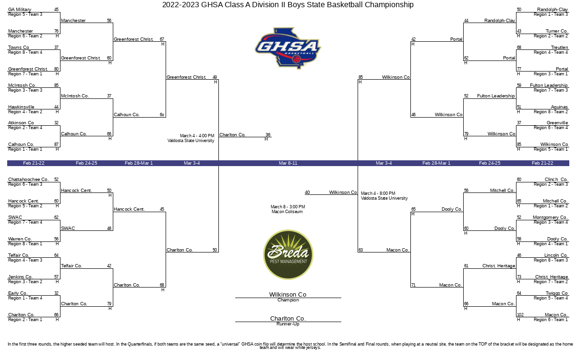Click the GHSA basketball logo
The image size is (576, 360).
pyautogui.click(x=288, y=48)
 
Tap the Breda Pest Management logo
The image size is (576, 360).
pyautogui.click(x=288, y=254)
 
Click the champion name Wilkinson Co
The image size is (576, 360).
pyautogui.click(x=288, y=294)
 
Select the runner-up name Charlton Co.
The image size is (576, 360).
pyautogui.click(x=288, y=318)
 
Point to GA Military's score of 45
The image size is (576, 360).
pyautogui.click(x=56, y=10)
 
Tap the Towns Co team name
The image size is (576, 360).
pyautogui.click(x=19, y=48)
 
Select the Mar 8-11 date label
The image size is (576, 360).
pyautogui.click(x=288, y=163)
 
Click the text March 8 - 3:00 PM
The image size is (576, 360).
pyautogui.click(x=288, y=207)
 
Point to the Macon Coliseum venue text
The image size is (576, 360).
pyautogui.click(x=287, y=212)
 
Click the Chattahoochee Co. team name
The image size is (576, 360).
pyautogui.click(x=28, y=180)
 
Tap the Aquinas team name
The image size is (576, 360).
pyautogui.click(x=559, y=107)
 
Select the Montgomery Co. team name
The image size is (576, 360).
pyautogui.click(x=550, y=217)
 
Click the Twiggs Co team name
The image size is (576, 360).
pyautogui.click(x=557, y=293)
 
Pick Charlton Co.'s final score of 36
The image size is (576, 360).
pyautogui.click(x=268, y=135)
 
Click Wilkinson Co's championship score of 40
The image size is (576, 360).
pyautogui.click(x=307, y=192)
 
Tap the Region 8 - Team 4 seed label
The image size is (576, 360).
pyautogui.click(x=25, y=52)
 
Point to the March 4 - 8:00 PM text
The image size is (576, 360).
pyautogui.click(x=378, y=193)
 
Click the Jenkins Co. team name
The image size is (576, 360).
pyautogui.click(x=20, y=277)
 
